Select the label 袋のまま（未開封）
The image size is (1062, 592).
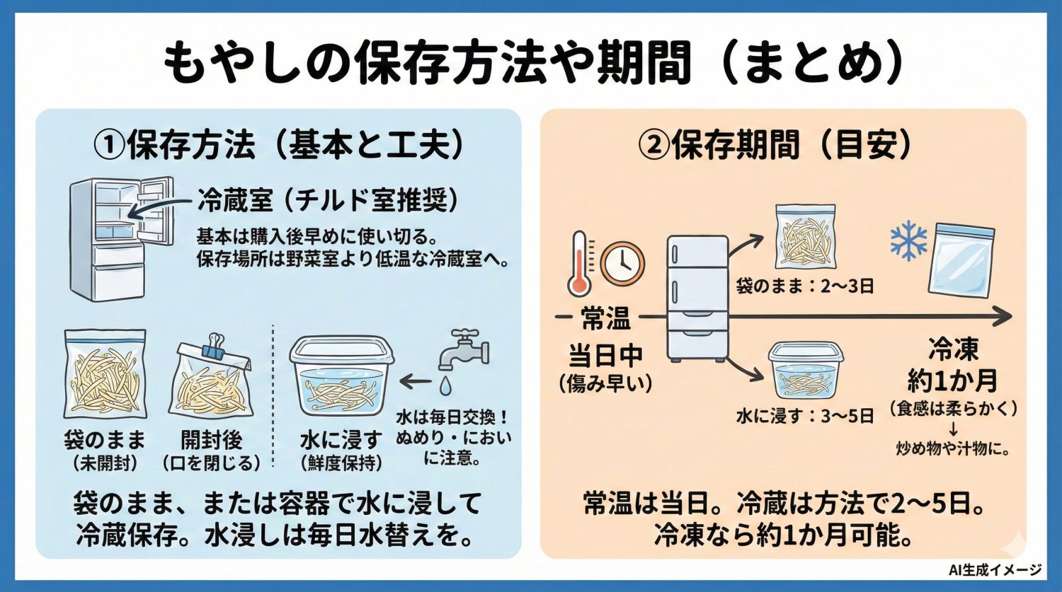pyautogui.click(x=105, y=450)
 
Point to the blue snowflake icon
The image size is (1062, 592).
pyautogui.click(x=908, y=241)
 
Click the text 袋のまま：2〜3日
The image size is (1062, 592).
pyautogui.click(x=805, y=286)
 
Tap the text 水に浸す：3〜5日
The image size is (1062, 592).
pyautogui.click(x=805, y=416)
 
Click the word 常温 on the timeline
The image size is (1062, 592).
pyautogui.click(x=605, y=319)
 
